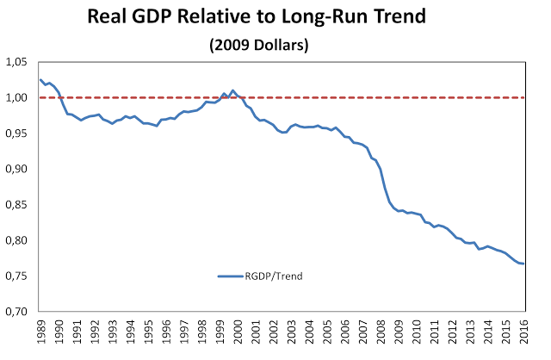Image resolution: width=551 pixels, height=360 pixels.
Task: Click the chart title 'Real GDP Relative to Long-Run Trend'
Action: (275, 19)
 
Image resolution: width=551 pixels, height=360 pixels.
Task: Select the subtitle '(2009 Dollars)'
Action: (275, 44)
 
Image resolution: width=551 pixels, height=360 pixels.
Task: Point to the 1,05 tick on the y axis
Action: (17, 63)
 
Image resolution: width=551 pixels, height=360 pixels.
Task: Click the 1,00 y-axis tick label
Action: (17, 98)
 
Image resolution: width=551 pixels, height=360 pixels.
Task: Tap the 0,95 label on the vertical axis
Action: (17, 133)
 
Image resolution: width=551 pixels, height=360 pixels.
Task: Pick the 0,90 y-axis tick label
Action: (17, 170)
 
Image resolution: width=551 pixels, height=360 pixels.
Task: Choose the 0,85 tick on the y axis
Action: (17, 205)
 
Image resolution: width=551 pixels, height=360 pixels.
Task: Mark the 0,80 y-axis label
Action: (17, 241)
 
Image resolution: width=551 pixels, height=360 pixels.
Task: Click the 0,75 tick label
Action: (17, 276)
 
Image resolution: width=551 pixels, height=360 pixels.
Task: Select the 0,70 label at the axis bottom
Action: (17, 312)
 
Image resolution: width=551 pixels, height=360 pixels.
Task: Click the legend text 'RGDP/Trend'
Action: (274, 276)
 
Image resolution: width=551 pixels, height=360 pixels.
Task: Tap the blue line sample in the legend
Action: (232, 276)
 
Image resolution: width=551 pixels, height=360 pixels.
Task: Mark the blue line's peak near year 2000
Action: (232, 90)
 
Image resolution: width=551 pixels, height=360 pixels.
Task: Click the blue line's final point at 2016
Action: (524, 264)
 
